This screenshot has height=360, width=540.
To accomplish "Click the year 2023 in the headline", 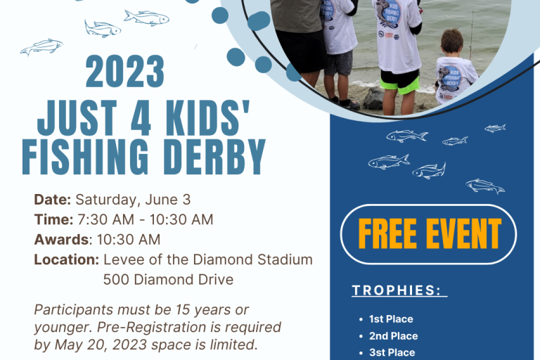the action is [x=124, y=71].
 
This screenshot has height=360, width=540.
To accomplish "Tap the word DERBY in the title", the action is [x=214, y=157].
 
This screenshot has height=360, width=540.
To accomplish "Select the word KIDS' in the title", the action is [x=207, y=117].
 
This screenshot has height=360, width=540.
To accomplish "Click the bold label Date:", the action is [x=52, y=200].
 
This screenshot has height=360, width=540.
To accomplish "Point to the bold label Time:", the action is [x=53, y=219].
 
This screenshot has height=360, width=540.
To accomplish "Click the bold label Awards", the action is [x=61, y=240].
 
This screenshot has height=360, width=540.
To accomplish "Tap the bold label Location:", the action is [x=67, y=259].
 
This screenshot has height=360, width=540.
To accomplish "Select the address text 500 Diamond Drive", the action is [x=168, y=279].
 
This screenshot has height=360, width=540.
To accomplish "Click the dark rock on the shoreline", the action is [x=373, y=99].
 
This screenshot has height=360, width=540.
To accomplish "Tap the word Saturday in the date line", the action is [x=108, y=200].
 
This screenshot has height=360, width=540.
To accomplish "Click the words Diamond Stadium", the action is [x=253, y=259].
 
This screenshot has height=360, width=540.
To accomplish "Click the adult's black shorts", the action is [x=302, y=51].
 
